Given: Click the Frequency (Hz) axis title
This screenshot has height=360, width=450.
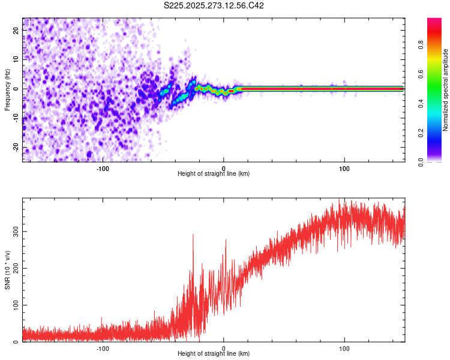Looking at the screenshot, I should [7, 90].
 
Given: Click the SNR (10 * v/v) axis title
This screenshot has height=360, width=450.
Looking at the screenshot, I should [7, 270].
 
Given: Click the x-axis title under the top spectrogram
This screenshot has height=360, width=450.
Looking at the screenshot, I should [214, 174].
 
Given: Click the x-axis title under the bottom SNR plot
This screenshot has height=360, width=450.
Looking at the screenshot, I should [214, 354].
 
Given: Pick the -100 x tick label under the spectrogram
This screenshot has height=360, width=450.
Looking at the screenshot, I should [103, 169].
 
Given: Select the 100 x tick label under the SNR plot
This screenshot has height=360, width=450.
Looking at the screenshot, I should [344, 348].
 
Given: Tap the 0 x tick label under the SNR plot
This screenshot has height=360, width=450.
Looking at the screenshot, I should [224, 348].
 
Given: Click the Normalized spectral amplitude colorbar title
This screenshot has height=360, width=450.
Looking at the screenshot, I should [446, 90].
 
